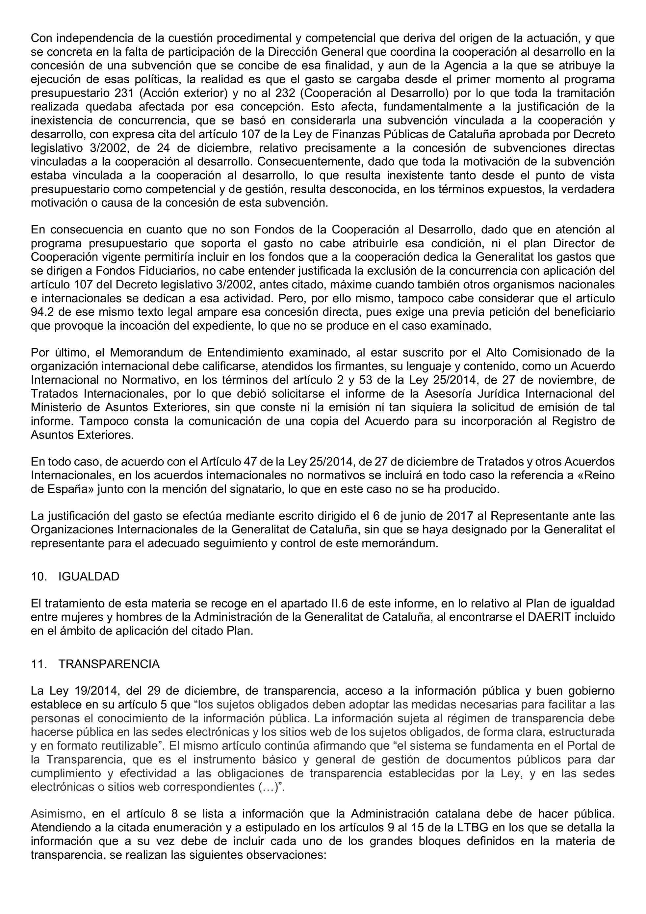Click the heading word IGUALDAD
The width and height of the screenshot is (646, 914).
tap(89, 577)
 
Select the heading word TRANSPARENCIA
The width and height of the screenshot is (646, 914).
tap(109, 664)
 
